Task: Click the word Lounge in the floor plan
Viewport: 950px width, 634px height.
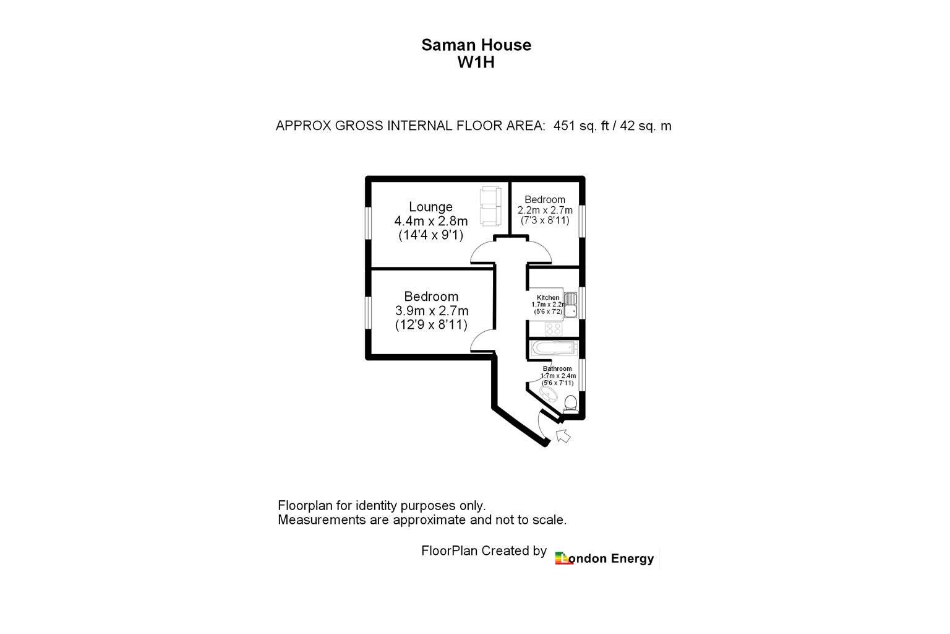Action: click(x=430, y=207)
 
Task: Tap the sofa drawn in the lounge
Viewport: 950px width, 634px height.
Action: click(x=490, y=206)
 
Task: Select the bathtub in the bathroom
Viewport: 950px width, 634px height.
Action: click(x=554, y=348)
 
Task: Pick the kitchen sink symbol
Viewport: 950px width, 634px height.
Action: click(x=570, y=305)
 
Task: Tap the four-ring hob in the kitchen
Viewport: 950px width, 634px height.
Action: click(x=554, y=329)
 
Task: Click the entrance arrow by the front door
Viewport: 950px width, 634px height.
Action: click(x=563, y=436)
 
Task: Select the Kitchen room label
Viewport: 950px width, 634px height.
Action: click(x=548, y=298)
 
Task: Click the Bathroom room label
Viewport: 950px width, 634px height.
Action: click(x=557, y=368)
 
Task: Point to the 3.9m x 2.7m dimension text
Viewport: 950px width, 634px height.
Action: click(x=432, y=311)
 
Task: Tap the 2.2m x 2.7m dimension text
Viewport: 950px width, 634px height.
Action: click(x=545, y=211)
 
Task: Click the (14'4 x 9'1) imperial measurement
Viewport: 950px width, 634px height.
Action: click(x=431, y=235)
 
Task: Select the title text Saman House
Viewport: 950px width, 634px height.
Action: click(x=476, y=45)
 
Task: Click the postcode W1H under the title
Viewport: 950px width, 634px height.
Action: click(x=476, y=63)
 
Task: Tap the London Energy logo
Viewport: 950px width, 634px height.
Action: click(x=605, y=558)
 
